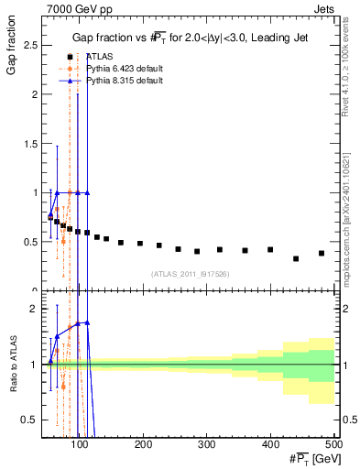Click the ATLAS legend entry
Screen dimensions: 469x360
[100, 57]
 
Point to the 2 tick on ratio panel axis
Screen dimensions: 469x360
[35, 309]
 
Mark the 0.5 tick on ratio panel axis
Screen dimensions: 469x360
[31, 420]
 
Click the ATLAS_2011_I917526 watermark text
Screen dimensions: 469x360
[190, 273]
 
